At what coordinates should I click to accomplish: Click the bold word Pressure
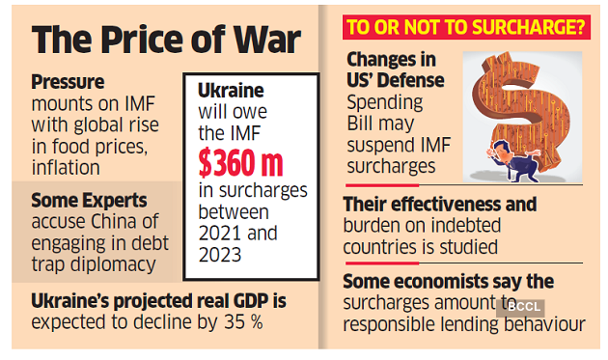[70, 83]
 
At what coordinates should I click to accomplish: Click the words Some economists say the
[449, 281]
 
